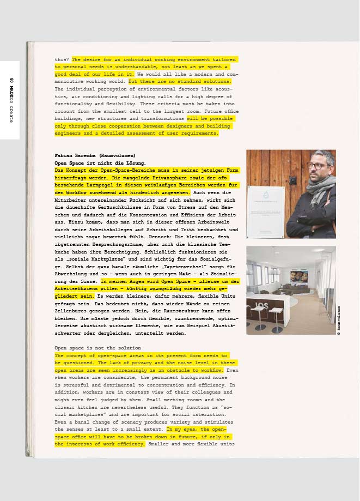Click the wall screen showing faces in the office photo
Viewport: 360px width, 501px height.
click(x=298, y=277)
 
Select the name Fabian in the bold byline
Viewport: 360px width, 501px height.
click(x=64, y=155)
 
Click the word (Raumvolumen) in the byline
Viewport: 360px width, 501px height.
click(x=117, y=155)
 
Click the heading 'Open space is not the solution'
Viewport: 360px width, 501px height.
click(x=97, y=348)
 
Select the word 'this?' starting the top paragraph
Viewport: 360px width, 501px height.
click(x=62, y=59)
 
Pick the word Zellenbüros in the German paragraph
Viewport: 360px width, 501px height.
click(x=72, y=311)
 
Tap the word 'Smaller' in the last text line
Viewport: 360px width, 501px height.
click(x=158, y=444)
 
